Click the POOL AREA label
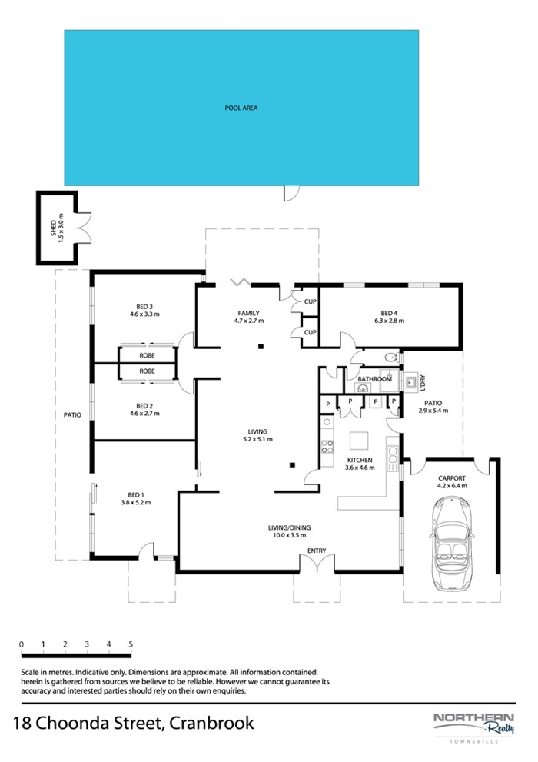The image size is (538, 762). click(x=241, y=108)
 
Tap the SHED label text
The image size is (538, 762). click(x=53, y=228)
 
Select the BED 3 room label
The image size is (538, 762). click(x=144, y=307)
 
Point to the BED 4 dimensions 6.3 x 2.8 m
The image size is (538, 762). click(x=389, y=321)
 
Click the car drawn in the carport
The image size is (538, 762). click(x=452, y=544)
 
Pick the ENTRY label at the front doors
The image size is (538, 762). click(x=317, y=551)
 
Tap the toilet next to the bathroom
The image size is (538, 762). click(x=391, y=358)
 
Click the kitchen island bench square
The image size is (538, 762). click(x=359, y=441)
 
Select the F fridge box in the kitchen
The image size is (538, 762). click(x=375, y=402)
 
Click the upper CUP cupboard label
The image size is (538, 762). click(x=311, y=301)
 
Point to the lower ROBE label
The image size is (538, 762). click(x=147, y=371)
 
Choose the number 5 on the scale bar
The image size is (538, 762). click(x=131, y=644)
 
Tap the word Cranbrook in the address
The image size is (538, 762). click(x=212, y=723)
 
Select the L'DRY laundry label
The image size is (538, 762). click(x=423, y=383)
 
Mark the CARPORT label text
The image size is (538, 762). click(x=452, y=478)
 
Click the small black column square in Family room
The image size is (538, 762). click(x=261, y=347)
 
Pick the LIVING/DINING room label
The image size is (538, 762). click(x=290, y=527)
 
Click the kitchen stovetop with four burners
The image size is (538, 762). click(x=327, y=447)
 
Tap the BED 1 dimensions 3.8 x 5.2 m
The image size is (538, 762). click(x=136, y=503)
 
